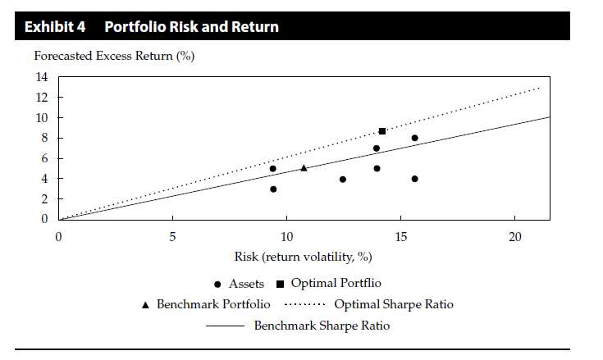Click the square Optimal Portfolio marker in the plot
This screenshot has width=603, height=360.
(x=382, y=131)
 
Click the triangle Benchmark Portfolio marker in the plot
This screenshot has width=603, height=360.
(x=304, y=168)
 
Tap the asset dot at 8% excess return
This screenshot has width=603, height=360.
(x=415, y=138)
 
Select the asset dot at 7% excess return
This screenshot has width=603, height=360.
(x=377, y=148)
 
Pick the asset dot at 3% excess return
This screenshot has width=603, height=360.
(x=273, y=189)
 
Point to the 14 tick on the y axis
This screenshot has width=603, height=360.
(x=41, y=77)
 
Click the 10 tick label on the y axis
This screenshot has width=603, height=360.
(x=41, y=117)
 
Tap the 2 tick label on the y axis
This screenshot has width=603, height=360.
(x=44, y=199)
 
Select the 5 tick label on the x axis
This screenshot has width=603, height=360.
(x=172, y=237)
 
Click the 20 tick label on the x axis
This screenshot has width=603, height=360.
(x=514, y=237)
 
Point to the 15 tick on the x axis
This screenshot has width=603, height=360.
(x=400, y=237)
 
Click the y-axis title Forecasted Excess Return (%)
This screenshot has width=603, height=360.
(x=114, y=56)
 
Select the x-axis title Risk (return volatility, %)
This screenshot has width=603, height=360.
(x=302, y=257)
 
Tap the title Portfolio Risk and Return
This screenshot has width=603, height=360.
(x=191, y=27)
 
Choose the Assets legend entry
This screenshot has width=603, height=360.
(x=239, y=285)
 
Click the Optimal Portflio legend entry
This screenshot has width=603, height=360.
(x=328, y=284)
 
